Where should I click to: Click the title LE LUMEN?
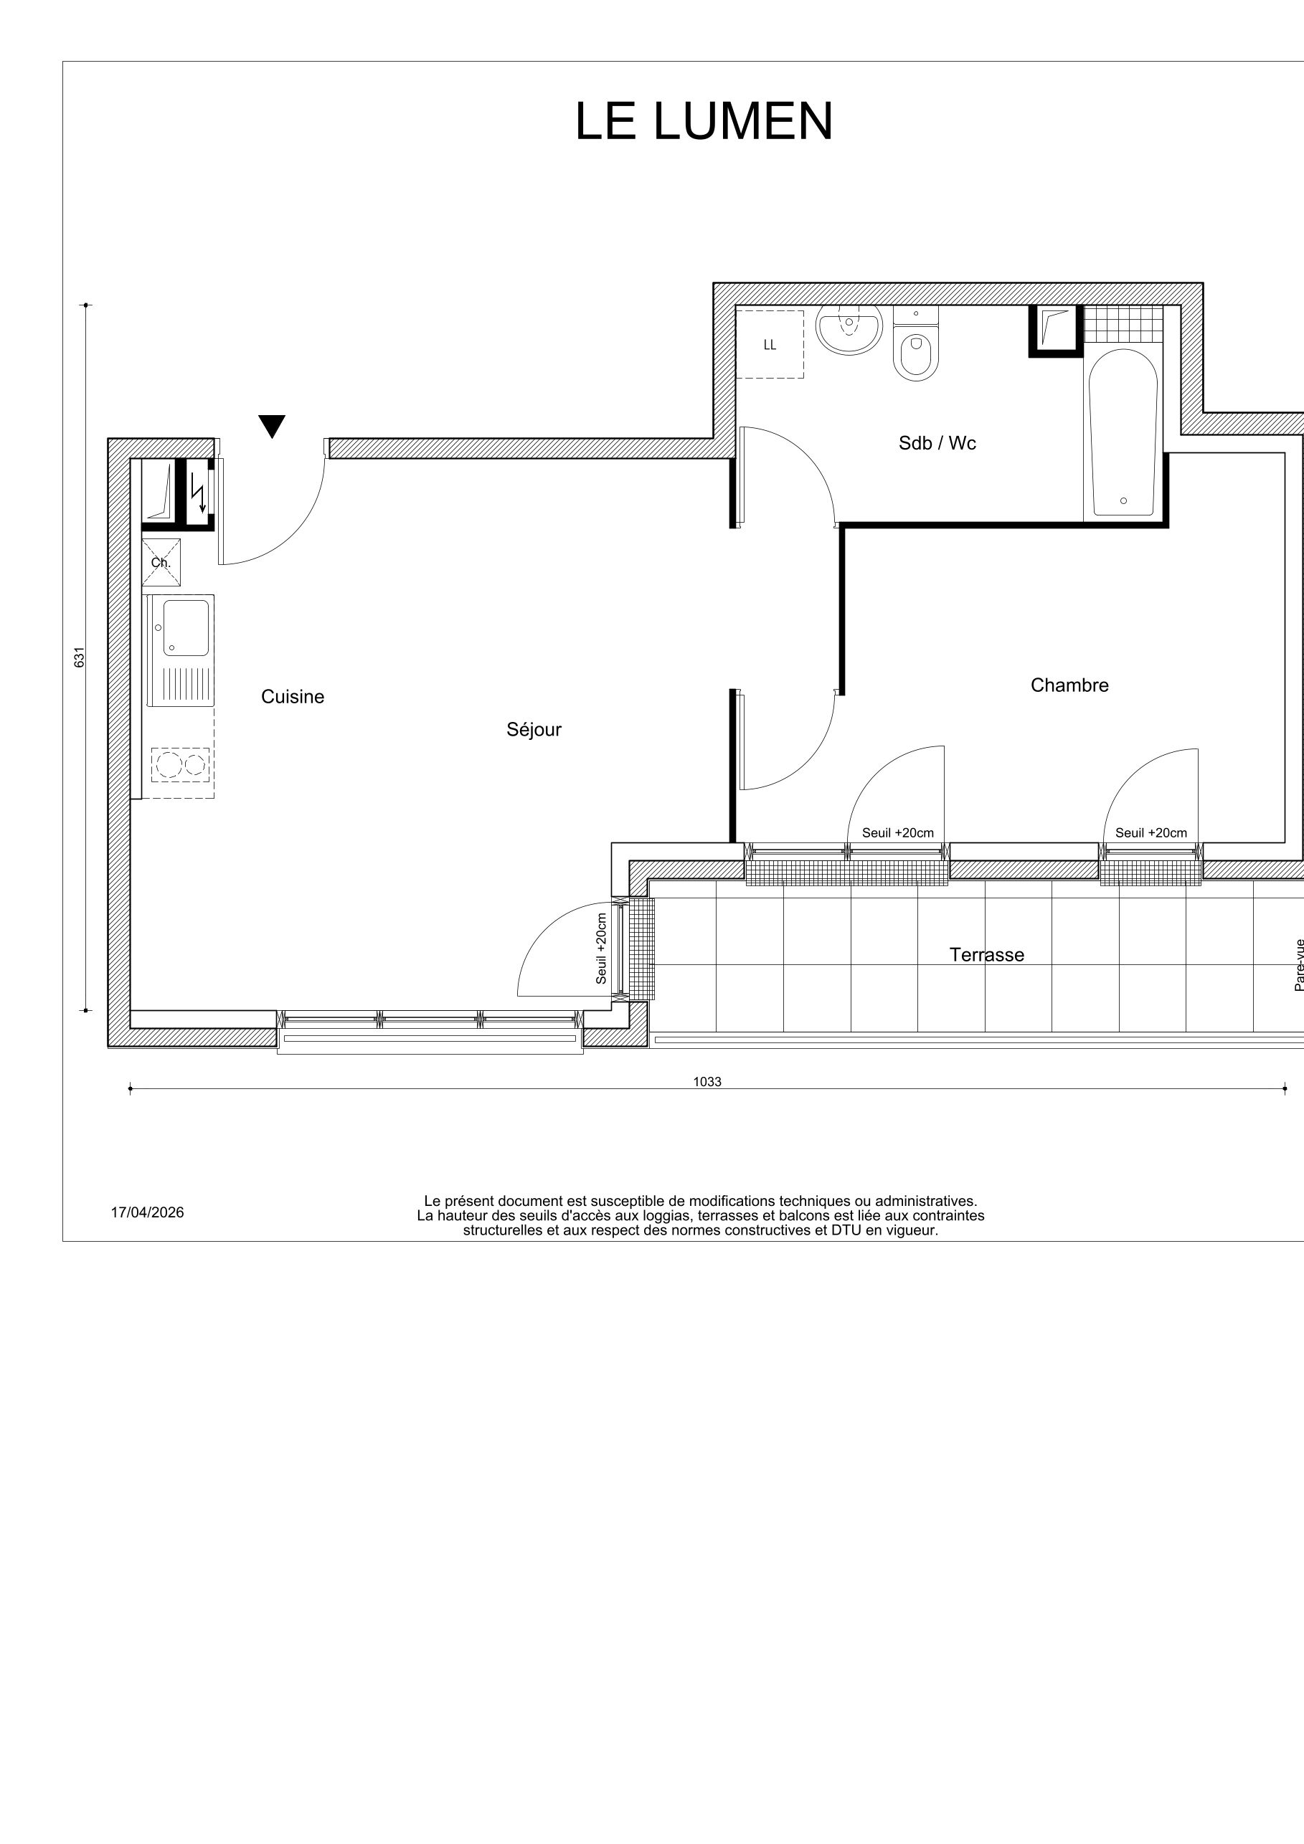coord(704,122)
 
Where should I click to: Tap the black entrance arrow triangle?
coord(273,426)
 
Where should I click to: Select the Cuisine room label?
coord(293,697)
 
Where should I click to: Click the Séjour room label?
coord(534,730)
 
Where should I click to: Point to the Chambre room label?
coord(1069,685)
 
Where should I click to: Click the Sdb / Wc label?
coord(937,443)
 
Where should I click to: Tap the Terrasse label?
coord(987,955)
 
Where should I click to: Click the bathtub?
coord(1123,434)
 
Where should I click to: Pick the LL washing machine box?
coord(770,345)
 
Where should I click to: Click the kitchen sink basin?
coord(186,627)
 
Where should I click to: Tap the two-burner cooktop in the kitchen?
coord(181,764)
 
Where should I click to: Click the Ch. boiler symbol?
coord(161,562)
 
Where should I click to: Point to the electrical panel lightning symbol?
coord(197,493)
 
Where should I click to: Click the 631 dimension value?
coord(80,657)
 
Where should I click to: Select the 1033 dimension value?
coord(707,1082)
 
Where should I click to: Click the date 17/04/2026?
coord(147,1212)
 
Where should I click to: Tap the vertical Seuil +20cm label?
coord(601,949)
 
